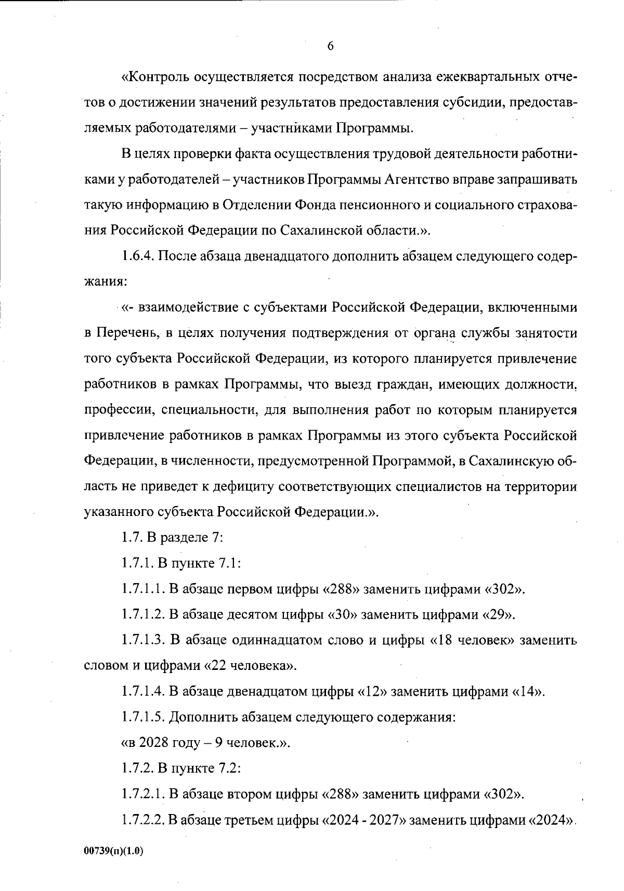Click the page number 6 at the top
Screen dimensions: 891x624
pyautogui.click(x=330, y=46)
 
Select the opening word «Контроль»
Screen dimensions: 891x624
pyautogui.click(x=155, y=78)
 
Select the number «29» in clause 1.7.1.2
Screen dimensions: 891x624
pyautogui.click(x=499, y=615)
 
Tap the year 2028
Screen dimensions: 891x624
pyautogui.click(x=150, y=743)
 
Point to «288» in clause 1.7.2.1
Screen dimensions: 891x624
pyautogui.click(x=341, y=794)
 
